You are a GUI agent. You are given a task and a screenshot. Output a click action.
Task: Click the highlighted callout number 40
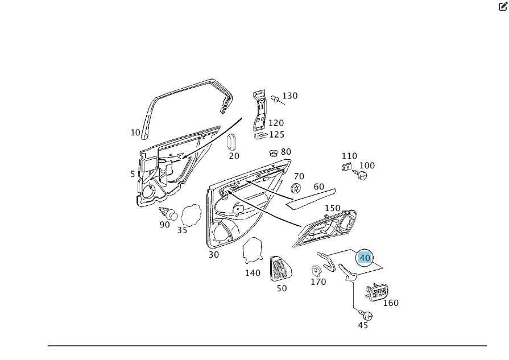click(365, 258)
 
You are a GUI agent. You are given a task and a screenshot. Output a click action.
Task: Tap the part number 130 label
click(289, 96)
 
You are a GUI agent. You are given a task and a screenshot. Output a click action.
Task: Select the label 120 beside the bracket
click(276, 123)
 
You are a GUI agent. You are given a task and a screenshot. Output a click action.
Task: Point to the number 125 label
click(276, 135)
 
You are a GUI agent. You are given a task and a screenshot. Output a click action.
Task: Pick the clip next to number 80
click(274, 153)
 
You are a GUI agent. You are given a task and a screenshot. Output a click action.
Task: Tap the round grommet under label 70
click(296, 188)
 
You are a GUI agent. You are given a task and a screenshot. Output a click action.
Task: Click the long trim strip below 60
click(310, 196)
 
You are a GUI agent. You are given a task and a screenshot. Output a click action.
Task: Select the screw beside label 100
click(361, 175)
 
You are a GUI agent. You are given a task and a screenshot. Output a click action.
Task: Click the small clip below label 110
click(346, 167)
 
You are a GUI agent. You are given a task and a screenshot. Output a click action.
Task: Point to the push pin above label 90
click(168, 214)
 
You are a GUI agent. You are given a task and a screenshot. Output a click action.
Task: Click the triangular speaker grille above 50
click(279, 268)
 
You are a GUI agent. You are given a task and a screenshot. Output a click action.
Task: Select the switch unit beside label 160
click(376, 293)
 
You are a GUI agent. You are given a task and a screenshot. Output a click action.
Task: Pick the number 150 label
click(332, 208)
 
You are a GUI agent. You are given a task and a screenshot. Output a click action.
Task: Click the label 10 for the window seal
click(135, 133)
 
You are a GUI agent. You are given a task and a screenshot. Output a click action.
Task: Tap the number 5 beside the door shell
click(133, 174)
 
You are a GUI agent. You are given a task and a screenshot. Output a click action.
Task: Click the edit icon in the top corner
click(503, 6)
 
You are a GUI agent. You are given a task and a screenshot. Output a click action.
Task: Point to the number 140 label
click(253, 273)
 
